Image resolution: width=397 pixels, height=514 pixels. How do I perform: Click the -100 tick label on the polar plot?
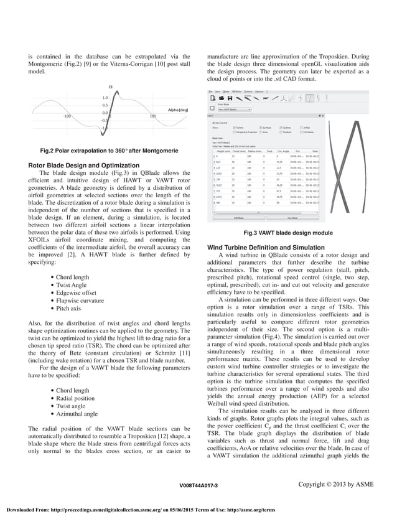tap(67, 116)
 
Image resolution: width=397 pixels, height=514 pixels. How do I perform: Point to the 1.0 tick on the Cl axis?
tap(105, 98)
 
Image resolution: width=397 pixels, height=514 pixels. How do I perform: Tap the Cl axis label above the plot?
tap(110, 87)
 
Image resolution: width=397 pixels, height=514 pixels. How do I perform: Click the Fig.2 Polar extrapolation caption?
tap(108, 151)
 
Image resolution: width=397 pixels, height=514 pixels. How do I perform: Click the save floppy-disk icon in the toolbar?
tap(229, 98)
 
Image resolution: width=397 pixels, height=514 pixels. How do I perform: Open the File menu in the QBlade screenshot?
tap(210, 91)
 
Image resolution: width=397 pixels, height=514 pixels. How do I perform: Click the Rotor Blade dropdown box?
tap(231, 108)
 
